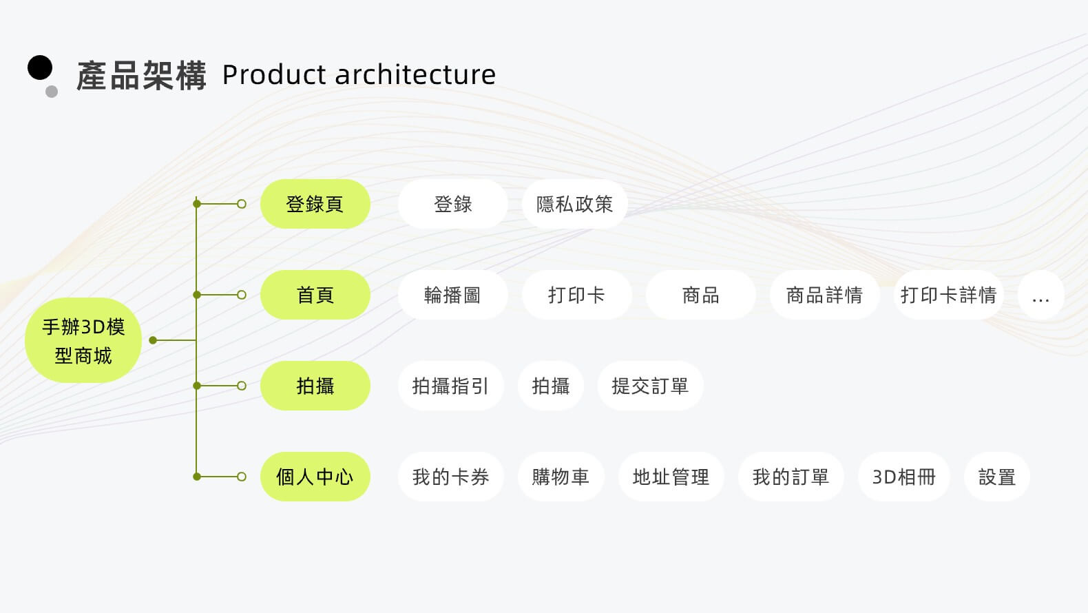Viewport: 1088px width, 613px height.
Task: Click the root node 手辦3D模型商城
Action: click(83, 340)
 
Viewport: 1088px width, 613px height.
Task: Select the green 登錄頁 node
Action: click(315, 204)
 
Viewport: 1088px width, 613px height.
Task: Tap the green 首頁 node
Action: click(315, 295)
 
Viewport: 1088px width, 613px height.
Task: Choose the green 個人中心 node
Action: click(315, 477)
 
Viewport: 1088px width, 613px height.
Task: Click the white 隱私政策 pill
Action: click(574, 204)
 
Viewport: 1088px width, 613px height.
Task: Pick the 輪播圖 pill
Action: click(452, 295)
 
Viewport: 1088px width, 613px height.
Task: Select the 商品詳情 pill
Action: click(824, 295)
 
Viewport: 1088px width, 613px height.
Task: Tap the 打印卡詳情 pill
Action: click(948, 295)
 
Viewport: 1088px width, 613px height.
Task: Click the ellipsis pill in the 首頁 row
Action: click(1040, 295)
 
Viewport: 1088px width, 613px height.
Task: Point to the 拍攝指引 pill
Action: click(450, 386)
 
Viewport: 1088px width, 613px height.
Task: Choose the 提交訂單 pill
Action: click(650, 386)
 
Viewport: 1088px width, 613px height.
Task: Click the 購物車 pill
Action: click(561, 477)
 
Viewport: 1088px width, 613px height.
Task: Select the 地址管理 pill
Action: click(671, 477)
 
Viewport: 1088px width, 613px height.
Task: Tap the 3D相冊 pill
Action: click(903, 477)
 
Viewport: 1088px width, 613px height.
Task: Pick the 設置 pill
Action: click(996, 477)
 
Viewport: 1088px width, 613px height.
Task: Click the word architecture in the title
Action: click(415, 74)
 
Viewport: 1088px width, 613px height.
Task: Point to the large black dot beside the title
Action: click(40, 67)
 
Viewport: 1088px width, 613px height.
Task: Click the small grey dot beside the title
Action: click(52, 92)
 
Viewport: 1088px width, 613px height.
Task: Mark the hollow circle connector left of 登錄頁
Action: click(242, 204)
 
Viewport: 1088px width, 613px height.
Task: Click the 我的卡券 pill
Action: click(450, 477)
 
